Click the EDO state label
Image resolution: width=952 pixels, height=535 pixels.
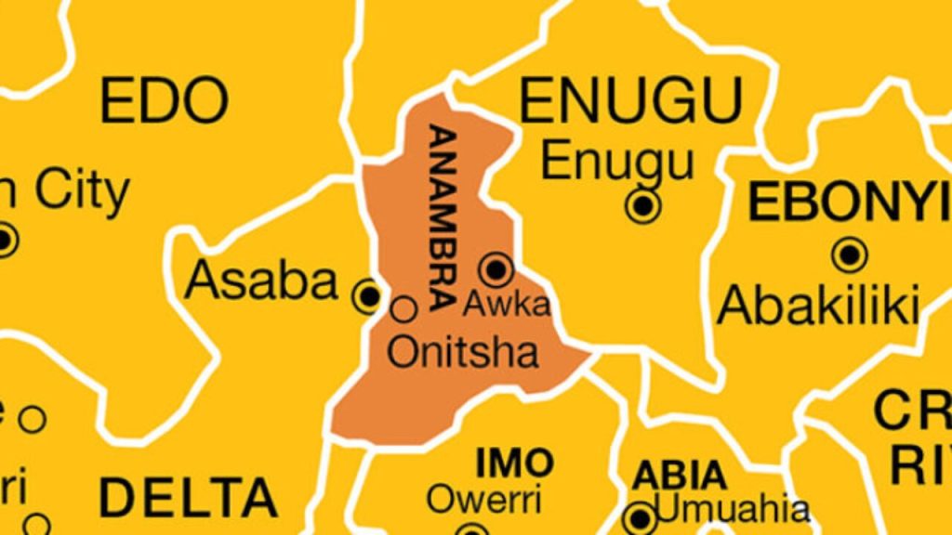click(164, 100)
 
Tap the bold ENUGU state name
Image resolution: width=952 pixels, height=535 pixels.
click(631, 99)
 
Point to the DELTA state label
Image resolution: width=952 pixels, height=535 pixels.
click(188, 497)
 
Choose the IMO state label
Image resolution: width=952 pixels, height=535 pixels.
click(514, 462)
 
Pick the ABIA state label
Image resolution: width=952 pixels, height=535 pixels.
click(680, 476)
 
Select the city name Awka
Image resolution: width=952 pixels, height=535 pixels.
click(507, 304)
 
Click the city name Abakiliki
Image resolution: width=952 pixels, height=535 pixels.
click(818, 306)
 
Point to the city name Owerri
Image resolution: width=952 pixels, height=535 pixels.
click(483, 500)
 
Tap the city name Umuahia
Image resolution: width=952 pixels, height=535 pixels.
click(733, 509)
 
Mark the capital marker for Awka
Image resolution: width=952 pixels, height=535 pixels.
click(496, 269)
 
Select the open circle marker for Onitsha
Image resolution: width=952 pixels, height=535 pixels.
click(404, 307)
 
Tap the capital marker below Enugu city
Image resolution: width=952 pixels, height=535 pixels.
click(642, 204)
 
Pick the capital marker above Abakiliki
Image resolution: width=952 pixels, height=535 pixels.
click(849, 254)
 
